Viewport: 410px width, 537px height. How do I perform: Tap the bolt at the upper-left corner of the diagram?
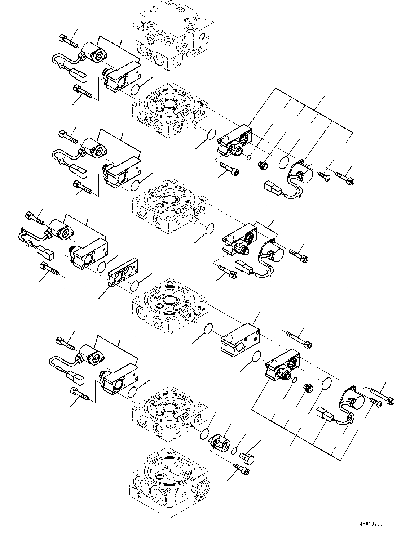pos(67,40)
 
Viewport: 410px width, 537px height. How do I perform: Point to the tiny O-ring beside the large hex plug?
pos(234,450)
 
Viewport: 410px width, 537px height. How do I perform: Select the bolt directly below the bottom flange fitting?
pos(242,469)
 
